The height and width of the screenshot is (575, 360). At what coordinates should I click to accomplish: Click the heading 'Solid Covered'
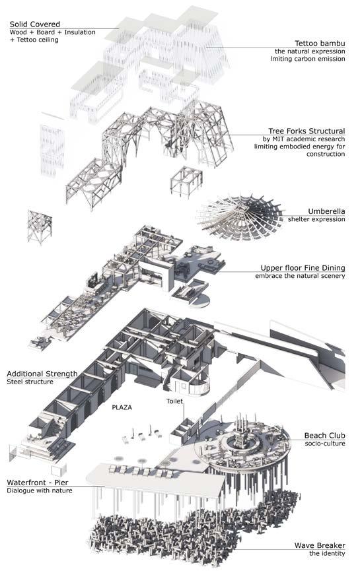(x=34, y=24)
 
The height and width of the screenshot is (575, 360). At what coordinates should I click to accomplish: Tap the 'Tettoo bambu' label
(x=320, y=44)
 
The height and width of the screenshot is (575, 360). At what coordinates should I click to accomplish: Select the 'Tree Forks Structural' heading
(x=306, y=131)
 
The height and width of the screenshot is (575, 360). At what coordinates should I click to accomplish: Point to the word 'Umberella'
(x=326, y=211)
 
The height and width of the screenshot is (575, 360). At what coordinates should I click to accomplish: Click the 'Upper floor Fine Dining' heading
(x=303, y=268)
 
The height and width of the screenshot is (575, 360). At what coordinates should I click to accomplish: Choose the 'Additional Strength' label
(x=42, y=374)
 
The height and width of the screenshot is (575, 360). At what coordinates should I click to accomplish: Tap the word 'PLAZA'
(x=122, y=407)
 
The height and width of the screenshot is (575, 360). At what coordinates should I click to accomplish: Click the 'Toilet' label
(x=174, y=401)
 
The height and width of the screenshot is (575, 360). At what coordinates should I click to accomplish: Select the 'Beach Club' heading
(x=325, y=436)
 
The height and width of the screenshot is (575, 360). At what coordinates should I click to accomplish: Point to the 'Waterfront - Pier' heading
(x=38, y=483)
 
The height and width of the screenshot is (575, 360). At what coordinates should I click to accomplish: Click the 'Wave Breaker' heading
(x=320, y=545)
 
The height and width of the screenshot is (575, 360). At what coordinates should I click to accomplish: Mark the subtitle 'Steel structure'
(x=30, y=382)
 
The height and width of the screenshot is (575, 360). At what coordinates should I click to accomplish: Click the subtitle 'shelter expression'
(x=316, y=219)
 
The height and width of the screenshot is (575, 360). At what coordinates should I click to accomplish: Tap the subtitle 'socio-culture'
(x=325, y=444)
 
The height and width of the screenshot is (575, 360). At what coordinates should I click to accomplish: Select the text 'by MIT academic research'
(x=304, y=139)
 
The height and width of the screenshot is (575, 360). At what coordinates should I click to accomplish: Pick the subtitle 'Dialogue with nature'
(x=40, y=490)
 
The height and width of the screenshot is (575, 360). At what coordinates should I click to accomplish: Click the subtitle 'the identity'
(x=327, y=553)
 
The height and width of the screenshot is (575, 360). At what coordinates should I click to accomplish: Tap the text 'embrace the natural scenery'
(x=300, y=276)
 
